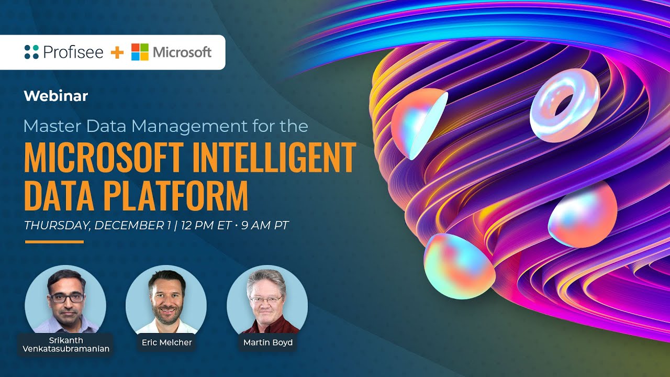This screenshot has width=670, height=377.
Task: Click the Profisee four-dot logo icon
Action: tap(31, 52)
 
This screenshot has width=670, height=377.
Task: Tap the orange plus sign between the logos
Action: tap(117, 52)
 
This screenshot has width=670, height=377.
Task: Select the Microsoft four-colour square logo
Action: tap(140, 52)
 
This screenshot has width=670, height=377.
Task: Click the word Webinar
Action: tap(56, 96)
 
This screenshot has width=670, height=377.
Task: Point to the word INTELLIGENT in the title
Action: tap(274, 158)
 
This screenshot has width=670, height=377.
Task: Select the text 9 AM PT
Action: tap(265, 226)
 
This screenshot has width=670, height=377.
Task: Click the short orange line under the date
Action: tap(54, 242)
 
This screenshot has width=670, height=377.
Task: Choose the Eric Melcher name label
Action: tap(167, 342)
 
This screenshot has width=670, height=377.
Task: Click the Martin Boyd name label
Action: tap(267, 342)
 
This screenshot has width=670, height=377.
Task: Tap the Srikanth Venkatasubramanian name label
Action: tap(66, 345)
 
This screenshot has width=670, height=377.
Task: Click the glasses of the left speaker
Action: tap(66, 297)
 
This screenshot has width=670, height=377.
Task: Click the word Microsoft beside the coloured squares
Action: tap(182, 52)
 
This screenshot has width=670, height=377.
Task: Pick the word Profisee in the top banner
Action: tap(73, 52)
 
